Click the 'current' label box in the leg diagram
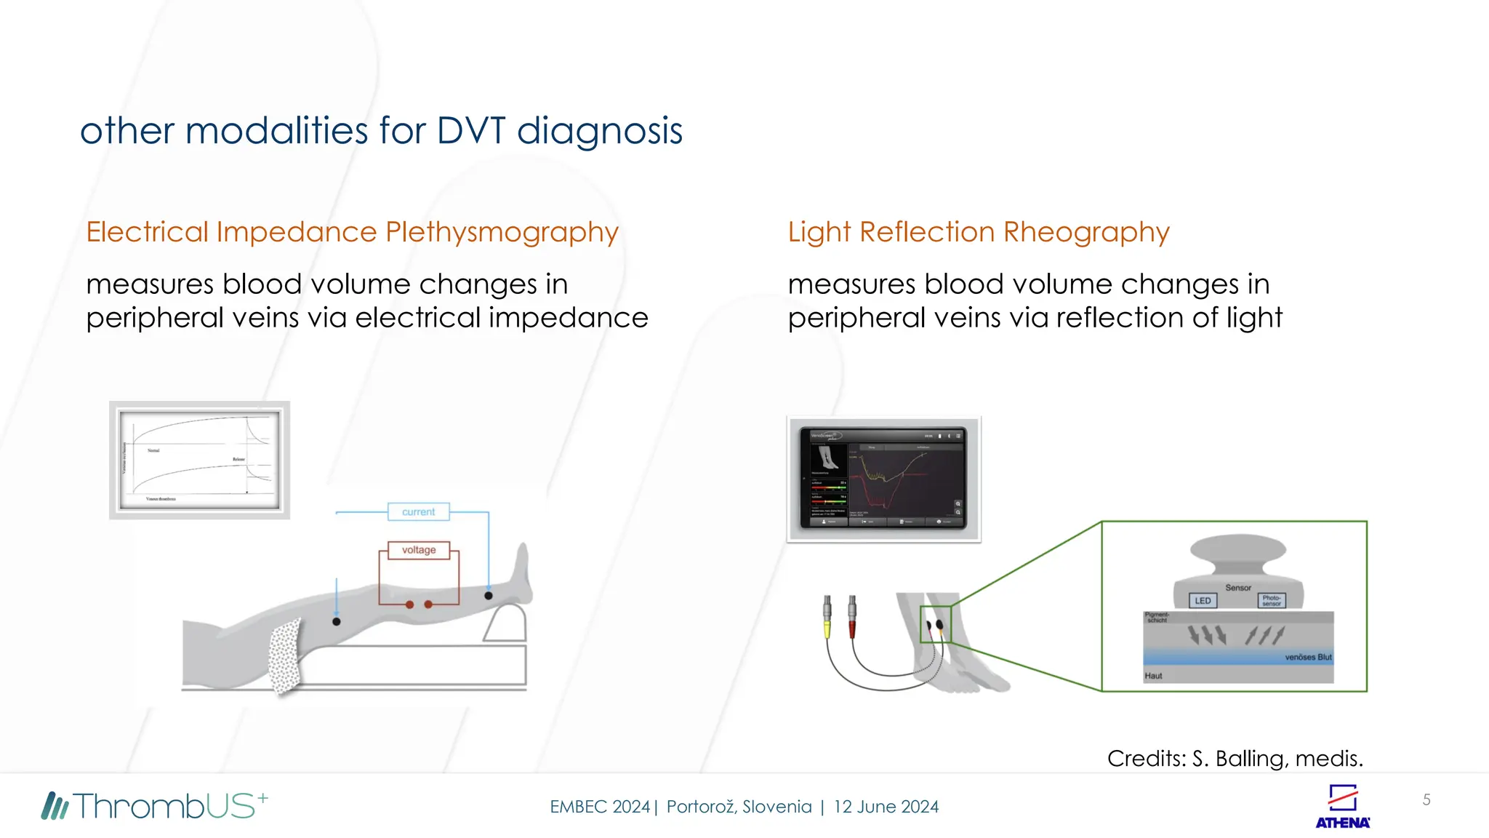tap(418, 512)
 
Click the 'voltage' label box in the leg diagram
tap(418, 550)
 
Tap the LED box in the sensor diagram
tap(1203, 601)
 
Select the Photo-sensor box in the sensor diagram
tap(1271, 601)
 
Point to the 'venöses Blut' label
tap(1307, 657)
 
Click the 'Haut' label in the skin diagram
tap(1153, 676)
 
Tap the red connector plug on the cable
tap(852, 617)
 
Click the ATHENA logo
tap(1342, 807)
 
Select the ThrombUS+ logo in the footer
tap(155, 806)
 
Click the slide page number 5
tap(1426, 800)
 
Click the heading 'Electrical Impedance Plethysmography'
tap(352, 232)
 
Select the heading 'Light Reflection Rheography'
tap(979, 232)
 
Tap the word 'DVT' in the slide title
tap(470, 131)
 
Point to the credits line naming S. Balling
tap(1235, 759)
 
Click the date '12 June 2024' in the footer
tap(886, 807)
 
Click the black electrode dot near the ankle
tap(489, 596)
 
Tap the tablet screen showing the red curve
tap(883, 479)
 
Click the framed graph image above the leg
tap(199, 460)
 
